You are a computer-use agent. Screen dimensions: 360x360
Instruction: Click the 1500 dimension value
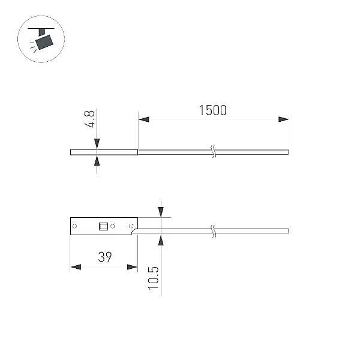(x=213, y=110)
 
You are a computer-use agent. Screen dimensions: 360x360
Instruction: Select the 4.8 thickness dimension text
(x=89, y=119)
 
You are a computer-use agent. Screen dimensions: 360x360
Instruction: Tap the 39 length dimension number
(x=105, y=257)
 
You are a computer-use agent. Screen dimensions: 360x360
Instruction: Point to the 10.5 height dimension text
(x=153, y=278)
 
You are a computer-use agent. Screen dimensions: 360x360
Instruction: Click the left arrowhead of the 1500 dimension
(x=144, y=119)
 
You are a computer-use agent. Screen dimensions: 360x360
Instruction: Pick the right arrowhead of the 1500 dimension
(x=284, y=119)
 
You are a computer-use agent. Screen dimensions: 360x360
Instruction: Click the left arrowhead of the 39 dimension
(x=76, y=267)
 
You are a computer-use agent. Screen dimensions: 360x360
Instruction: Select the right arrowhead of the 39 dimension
(x=132, y=267)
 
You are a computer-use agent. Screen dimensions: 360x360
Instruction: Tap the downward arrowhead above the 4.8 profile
(x=97, y=144)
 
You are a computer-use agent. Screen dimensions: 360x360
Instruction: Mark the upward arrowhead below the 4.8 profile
(x=97, y=160)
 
